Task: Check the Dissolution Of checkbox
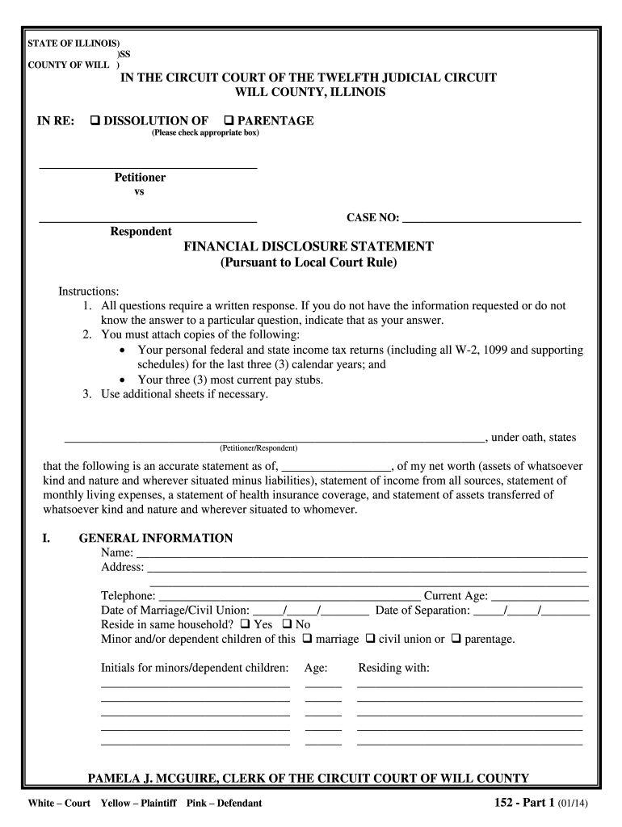(95, 121)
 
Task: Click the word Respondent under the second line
(141, 232)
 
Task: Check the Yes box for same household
(245, 624)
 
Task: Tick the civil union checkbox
(369, 639)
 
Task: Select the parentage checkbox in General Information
(456, 639)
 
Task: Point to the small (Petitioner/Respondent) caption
(258, 447)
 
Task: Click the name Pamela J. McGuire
(149, 779)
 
